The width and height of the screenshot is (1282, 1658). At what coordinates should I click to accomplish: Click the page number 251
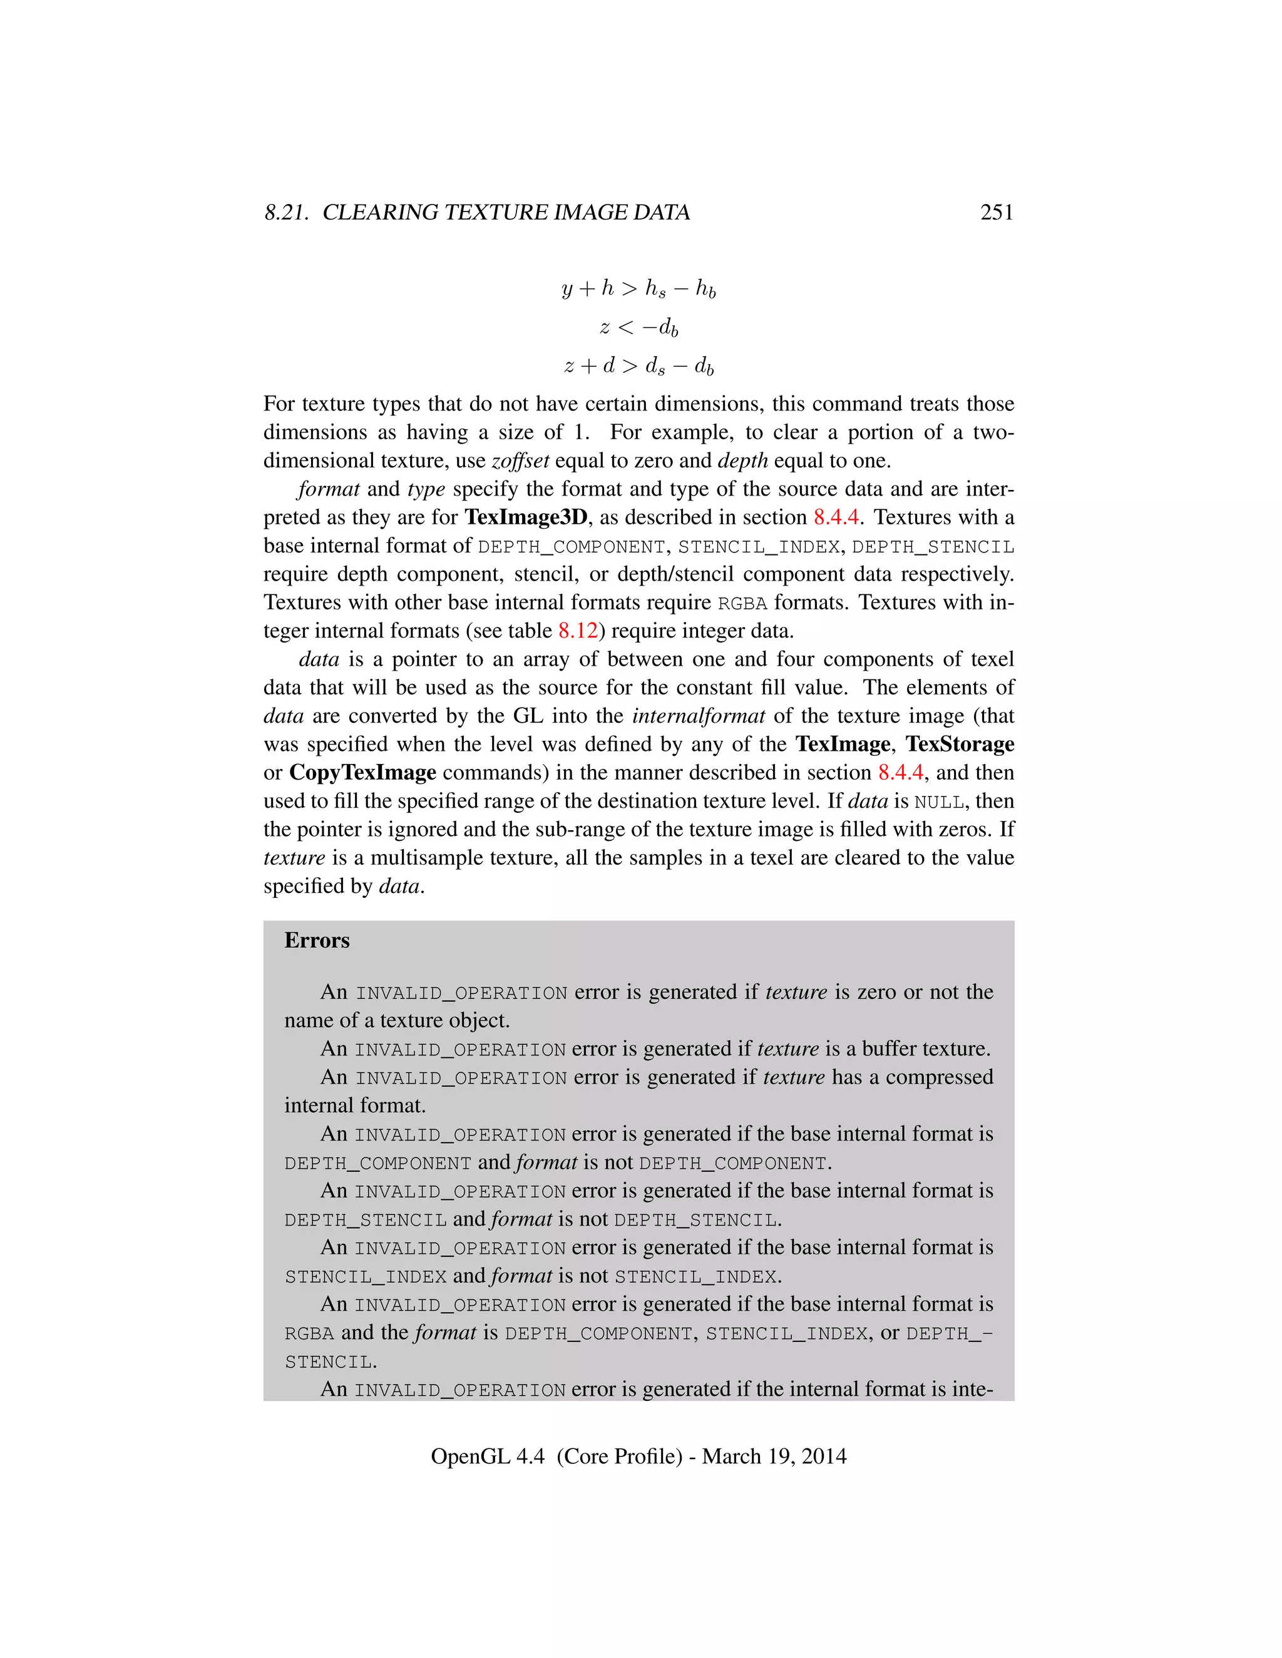996,213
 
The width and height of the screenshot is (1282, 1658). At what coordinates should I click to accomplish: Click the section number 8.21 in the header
285,213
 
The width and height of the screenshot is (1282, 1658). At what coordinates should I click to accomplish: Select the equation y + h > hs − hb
638,288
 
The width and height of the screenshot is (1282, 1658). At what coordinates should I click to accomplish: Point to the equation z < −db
638,327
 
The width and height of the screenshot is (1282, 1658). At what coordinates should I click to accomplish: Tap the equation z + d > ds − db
638,366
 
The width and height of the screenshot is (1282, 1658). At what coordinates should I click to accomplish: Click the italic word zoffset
520,461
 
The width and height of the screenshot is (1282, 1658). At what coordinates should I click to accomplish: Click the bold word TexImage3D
526,518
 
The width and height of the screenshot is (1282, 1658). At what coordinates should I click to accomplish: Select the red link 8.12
577,631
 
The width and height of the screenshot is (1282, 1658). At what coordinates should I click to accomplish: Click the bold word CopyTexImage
362,773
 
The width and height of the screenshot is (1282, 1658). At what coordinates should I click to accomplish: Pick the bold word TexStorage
959,744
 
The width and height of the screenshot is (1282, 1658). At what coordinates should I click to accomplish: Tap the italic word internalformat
698,716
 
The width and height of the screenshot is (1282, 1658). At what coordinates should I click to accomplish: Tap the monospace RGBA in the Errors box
309,1334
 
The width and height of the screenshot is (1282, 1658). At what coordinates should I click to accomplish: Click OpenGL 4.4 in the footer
487,1457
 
